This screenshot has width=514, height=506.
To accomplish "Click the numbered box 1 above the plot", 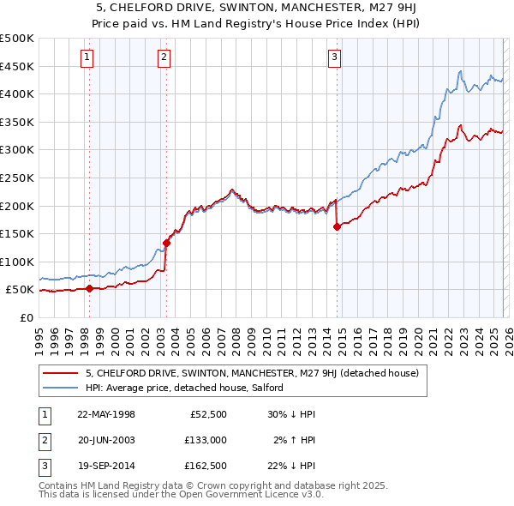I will [x=88, y=57].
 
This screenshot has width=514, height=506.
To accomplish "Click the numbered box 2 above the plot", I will [x=164, y=57].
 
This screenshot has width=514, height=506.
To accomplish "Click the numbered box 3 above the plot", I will [x=334, y=57].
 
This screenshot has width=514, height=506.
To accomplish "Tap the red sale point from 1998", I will [x=89, y=288].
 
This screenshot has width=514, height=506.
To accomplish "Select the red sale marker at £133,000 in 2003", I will [x=166, y=243].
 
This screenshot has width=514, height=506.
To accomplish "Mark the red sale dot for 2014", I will [x=337, y=226].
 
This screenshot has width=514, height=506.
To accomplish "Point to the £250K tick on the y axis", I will [x=17, y=178].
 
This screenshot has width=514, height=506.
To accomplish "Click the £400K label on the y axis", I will [x=17, y=93].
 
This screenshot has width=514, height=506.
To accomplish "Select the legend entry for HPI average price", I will [x=188, y=388].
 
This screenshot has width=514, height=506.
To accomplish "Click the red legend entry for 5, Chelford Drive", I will [x=252, y=373].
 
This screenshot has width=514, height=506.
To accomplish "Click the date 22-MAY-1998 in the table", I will [x=106, y=414].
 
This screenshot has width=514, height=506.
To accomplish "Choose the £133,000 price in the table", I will [x=206, y=440].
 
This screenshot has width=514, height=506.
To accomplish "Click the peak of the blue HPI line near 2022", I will [x=460, y=71].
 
